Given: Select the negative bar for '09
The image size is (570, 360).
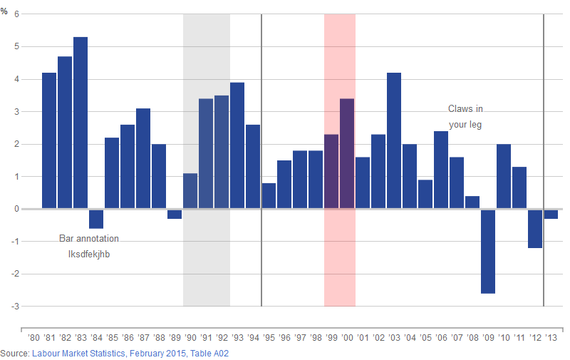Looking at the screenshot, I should coord(488,251).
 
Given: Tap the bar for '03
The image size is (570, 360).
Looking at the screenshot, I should coord(394,140).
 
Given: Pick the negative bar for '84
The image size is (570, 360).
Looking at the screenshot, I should coord(96,219).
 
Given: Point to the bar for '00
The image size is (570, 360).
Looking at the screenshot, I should coord(347,153).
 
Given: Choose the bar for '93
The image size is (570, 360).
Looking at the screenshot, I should coord(237,145).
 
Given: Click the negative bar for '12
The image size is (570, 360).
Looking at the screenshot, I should coord(535,228).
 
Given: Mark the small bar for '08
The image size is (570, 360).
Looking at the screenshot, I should coord(472,202).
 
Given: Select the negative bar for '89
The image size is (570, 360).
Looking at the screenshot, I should coord(175,214).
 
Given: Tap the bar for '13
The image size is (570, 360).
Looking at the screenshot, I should coord(551,214).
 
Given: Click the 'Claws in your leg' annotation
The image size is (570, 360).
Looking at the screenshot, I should coord(465,116).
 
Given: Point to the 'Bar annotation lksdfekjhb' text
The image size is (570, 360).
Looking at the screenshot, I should coord(88,246).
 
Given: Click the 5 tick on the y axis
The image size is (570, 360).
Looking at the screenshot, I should coord(17,47).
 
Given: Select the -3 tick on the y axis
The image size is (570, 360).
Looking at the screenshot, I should coord(16,307).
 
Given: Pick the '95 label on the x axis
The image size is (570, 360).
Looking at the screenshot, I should coord(269,338).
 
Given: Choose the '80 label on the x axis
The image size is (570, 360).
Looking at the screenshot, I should coord(33,338).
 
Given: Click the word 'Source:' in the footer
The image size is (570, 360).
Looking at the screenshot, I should coord(15,354).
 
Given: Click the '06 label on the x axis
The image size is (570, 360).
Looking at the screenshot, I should coord(441,338).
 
